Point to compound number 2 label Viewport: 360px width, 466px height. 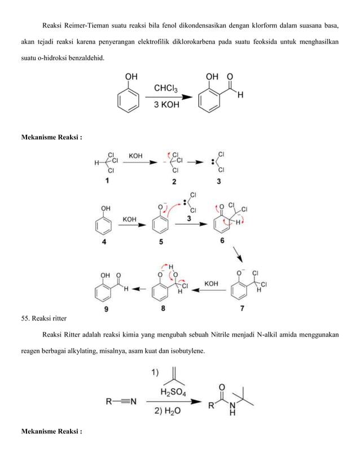click(x=174, y=182)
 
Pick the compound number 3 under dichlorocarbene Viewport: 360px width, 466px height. click(x=218, y=182)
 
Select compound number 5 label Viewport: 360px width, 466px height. click(x=161, y=243)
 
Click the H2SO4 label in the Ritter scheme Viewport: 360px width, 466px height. click(x=173, y=391)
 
